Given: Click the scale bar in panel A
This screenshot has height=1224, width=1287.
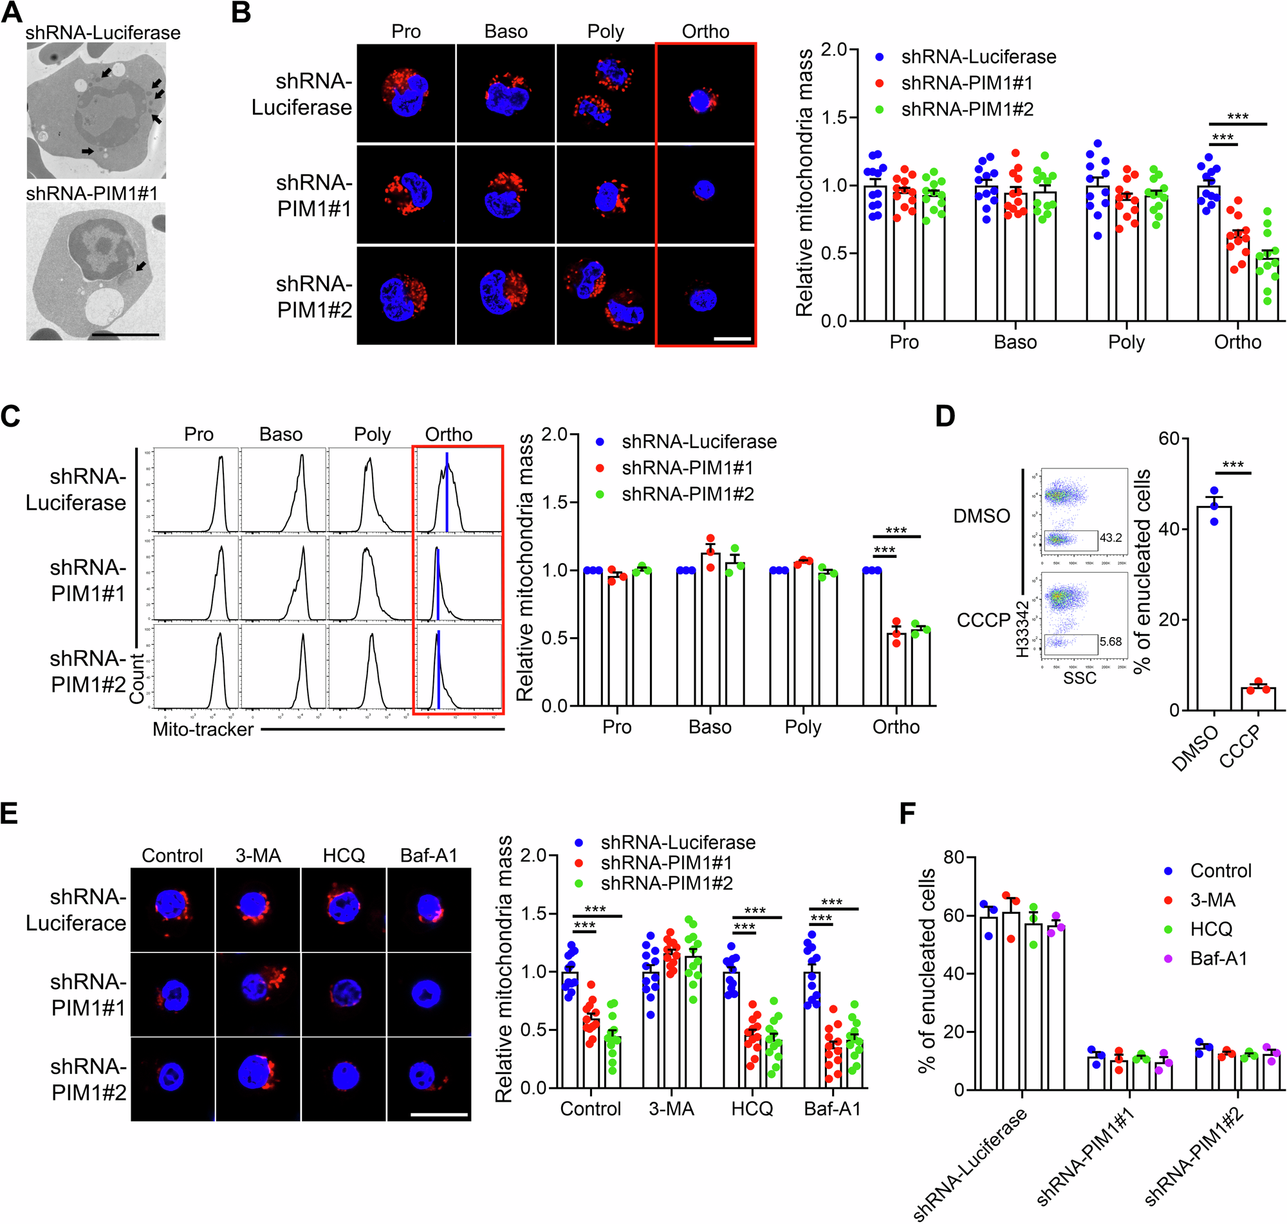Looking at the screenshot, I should click(125, 335).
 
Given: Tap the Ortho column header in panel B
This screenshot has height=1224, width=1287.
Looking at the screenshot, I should click(705, 32).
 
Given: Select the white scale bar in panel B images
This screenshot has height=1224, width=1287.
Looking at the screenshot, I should click(732, 338).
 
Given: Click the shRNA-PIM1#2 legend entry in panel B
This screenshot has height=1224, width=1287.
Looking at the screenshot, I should click(967, 109).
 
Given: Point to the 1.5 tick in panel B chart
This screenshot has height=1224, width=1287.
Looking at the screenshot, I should click(835, 117).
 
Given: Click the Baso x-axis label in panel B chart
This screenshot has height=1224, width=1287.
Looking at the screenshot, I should click(1015, 342).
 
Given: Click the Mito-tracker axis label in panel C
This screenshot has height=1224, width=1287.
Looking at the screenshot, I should click(203, 729).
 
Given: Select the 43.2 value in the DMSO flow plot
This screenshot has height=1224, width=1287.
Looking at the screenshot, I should click(1110, 537).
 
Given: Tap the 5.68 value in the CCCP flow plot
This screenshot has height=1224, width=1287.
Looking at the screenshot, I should click(1110, 642).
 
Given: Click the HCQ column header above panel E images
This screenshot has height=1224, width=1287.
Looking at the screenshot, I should click(344, 855).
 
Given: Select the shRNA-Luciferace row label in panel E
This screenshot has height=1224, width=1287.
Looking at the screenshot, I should click(77, 910).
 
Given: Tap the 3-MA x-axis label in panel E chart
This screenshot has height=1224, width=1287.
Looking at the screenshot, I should click(671, 1109).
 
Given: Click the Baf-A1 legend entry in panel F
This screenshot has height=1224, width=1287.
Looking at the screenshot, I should click(1218, 958).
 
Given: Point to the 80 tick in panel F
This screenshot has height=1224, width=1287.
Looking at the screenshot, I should click(954, 857).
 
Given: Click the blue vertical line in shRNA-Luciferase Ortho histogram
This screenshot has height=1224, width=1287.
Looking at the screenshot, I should click(447, 492).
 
